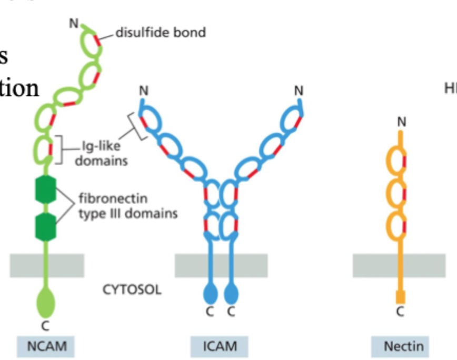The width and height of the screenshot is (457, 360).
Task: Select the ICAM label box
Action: tap(220, 346)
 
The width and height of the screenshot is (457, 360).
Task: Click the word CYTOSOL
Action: tap(132, 290)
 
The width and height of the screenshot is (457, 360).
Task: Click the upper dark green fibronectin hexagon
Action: tap(46, 191)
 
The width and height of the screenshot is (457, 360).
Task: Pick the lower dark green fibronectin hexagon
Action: tap(46, 227)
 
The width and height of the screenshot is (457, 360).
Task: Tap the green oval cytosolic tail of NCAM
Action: tap(46, 303)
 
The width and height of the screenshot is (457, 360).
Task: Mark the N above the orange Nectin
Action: tap(402, 122)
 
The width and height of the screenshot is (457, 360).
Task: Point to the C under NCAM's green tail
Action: tap(46, 326)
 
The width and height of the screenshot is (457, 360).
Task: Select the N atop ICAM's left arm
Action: tap(143, 91)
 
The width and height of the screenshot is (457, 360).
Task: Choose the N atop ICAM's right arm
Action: tap(299, 91)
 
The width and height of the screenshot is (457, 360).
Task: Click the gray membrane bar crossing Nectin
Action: tap(399, 265)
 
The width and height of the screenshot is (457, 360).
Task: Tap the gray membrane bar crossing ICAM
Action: tap(221, 265)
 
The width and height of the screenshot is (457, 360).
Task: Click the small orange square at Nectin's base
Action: tap(400, 297)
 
